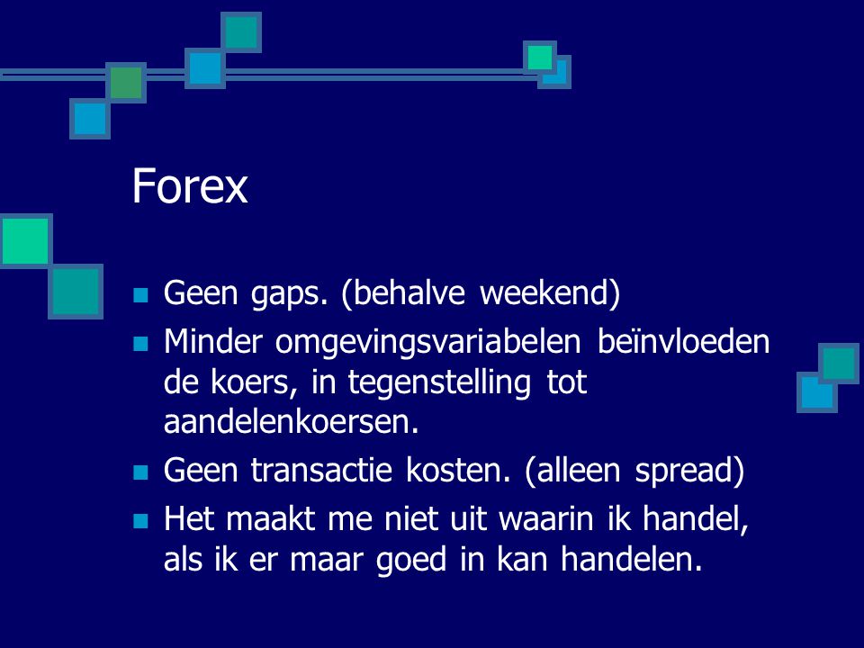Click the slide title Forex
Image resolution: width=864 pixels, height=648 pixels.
click(x=190, y=186)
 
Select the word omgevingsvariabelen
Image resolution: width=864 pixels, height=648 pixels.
click(x=427, y=343)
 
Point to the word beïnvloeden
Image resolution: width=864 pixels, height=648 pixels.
click(x=683, y=341)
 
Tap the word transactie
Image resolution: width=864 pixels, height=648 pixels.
click(x=321, y=470)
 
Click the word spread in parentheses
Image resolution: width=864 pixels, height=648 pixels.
click(x=683, y=472)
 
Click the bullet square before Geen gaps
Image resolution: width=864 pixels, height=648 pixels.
click(x=140, y=295)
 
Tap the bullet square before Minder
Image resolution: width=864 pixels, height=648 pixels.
click(x=140, y=345)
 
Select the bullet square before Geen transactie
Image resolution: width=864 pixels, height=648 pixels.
click(x=140, y=472)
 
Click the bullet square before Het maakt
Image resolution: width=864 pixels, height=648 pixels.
click(x=140, y=521)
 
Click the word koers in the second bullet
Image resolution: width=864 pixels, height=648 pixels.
click(x=249, y=382)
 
